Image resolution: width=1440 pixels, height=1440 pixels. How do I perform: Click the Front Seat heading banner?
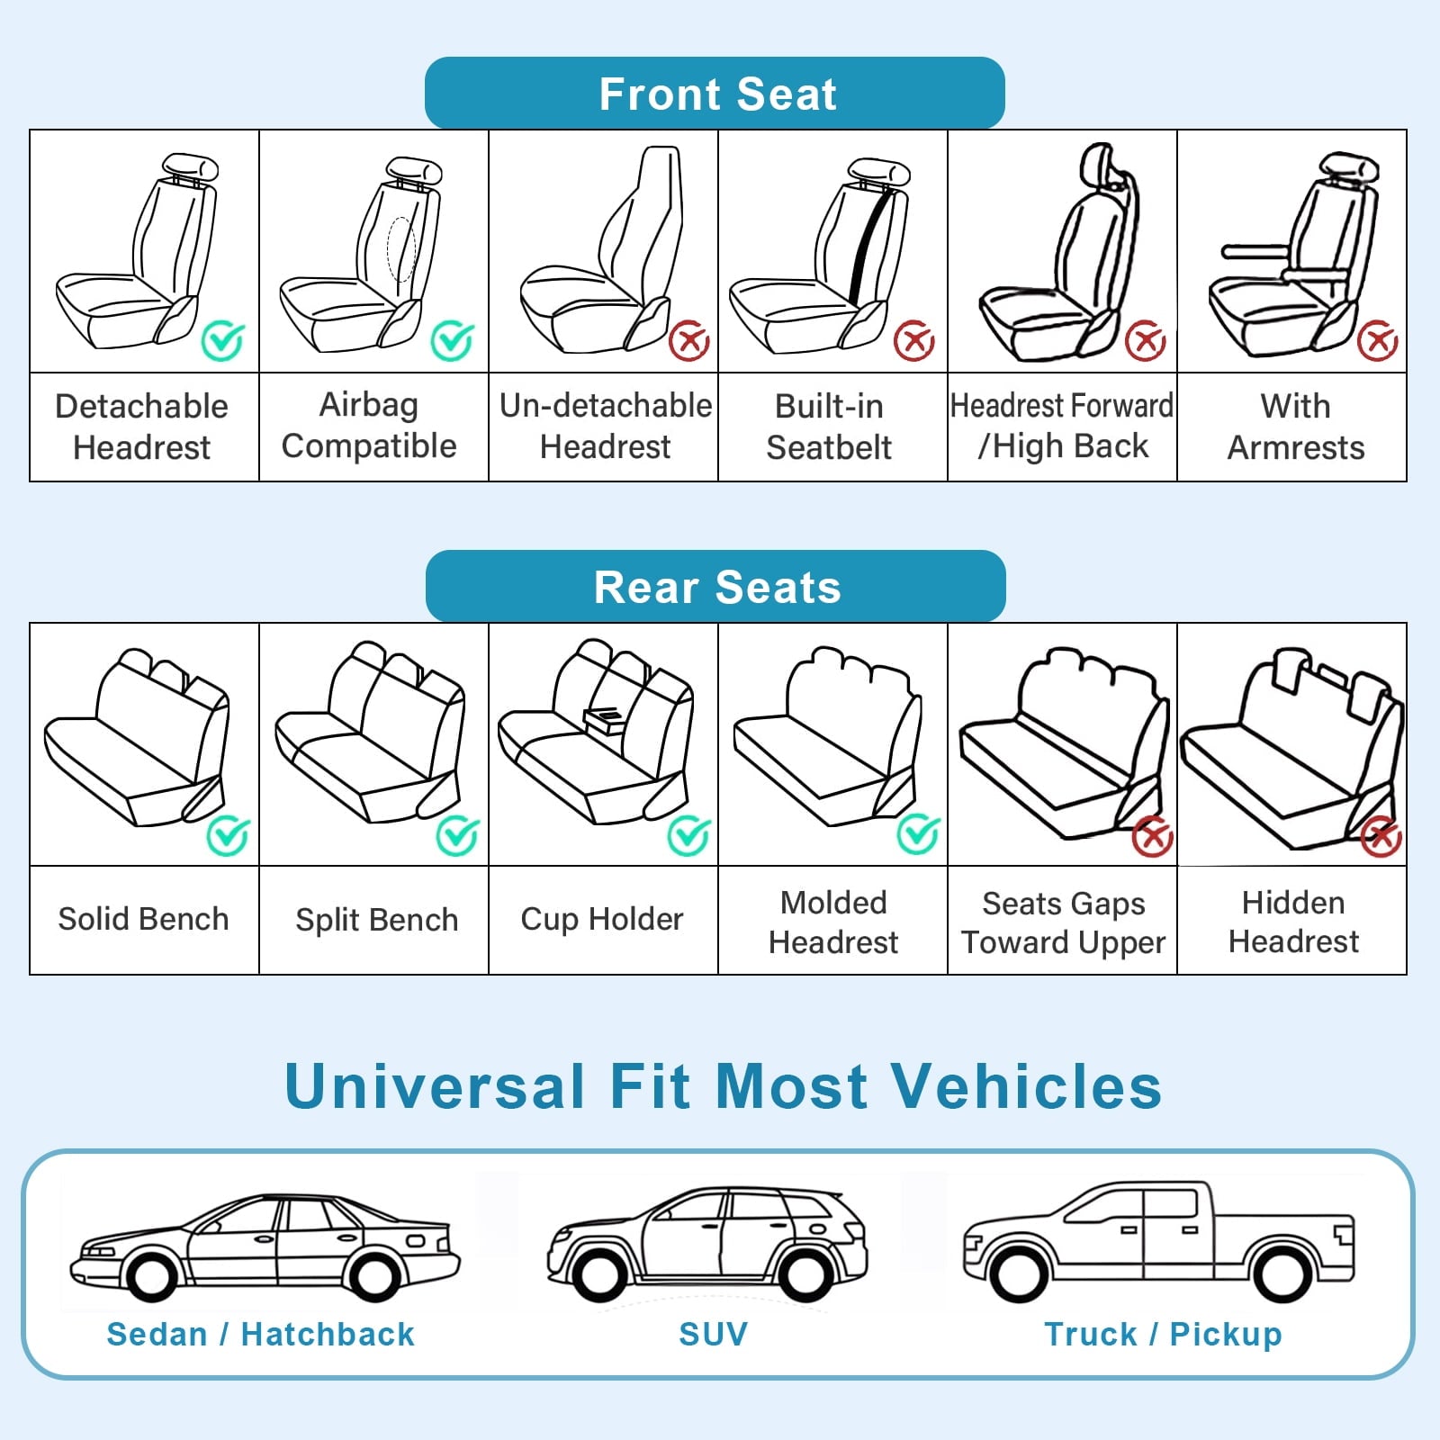(x=715, y=93)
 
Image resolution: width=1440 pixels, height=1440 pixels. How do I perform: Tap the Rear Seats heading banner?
(x=715, y=586)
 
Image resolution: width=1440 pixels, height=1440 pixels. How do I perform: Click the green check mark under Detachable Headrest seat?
(x=222, y=340)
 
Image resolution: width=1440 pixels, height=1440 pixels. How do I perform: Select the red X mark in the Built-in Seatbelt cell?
(x=914, y=340)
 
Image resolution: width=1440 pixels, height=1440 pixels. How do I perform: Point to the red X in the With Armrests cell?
(x=1377, y=340)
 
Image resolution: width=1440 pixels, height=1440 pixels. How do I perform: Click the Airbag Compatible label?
(x=369, y=426)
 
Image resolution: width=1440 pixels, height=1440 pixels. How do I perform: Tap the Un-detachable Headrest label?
(x=606, y=426)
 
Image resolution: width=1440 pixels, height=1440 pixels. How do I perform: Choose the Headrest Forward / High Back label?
(x=1062, y=426)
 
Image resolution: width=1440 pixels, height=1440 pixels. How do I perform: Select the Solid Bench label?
(x=143, y=919)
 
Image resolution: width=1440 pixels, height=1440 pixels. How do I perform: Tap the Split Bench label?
(x=377, y=920)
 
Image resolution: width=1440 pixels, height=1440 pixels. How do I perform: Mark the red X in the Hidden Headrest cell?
(x=1381, y=837)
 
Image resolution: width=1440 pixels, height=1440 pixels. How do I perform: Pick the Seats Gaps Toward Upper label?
(x=1063, y=922)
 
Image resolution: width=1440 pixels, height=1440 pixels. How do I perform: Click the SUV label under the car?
(x=714, y=1334)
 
